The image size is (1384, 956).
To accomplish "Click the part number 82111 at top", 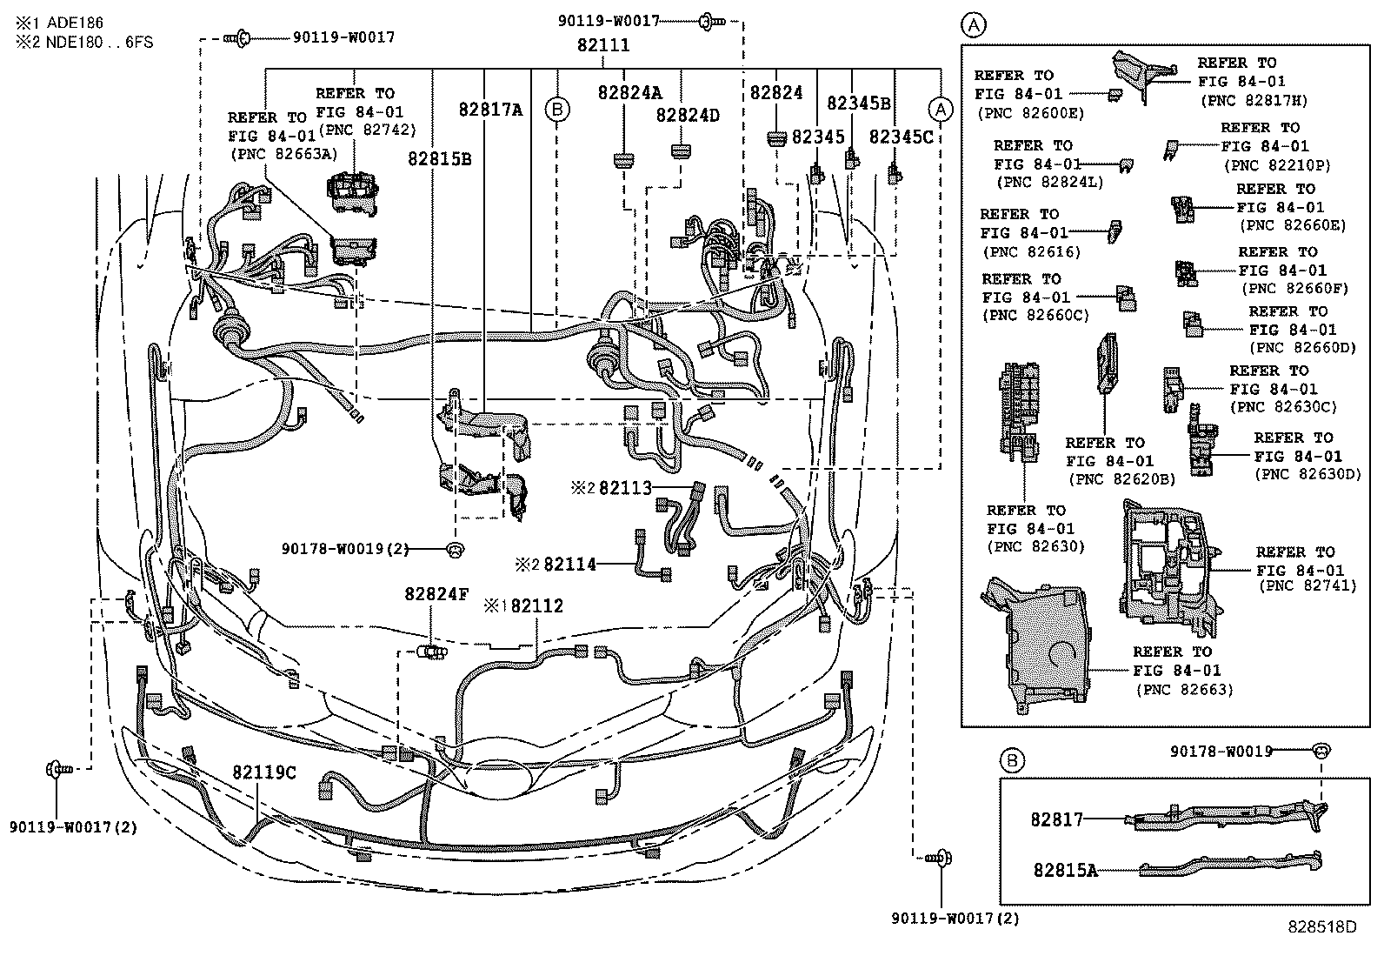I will [x=603, y=45].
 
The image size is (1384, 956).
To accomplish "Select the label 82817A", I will [x=491, y=110].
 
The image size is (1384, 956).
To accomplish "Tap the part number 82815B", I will [x=440, y=159].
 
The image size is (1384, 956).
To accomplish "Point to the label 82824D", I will [x=688, y=116].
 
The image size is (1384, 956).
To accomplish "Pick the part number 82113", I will [x=624, y=489].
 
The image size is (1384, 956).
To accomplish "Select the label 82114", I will [x=569, y=565].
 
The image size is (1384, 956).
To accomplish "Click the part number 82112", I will [x=536, y=606].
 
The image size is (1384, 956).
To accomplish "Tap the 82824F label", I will [x=436, y=595].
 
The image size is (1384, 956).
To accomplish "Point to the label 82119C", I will [x=263, y=772].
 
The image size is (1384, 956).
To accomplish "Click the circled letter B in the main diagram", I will [x=557, y=110].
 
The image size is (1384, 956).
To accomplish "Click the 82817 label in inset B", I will [x=1057, y=819].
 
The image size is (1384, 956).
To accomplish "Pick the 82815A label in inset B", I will [x=1065, y=869].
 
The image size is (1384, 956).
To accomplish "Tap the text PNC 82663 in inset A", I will [x=1185, y=690].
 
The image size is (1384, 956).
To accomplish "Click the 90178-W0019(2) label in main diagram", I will [x=344, y=549].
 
